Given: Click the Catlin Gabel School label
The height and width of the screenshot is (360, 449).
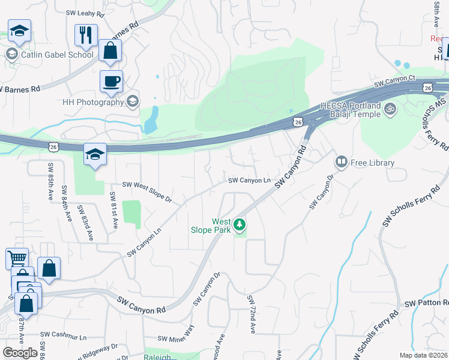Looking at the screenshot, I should (58, 55).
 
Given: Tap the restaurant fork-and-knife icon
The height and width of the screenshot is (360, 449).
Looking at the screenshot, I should (86, 35).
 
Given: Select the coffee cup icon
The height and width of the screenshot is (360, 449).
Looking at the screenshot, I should (111, 81).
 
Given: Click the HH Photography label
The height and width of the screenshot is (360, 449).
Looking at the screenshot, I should (93, 102).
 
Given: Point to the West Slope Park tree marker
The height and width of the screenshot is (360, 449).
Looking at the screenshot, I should (240, 225).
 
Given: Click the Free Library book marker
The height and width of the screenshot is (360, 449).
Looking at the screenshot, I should (342, 162).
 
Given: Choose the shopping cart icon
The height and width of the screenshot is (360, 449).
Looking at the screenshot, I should (17, 259).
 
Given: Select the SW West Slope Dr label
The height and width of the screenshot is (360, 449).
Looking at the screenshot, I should (147, 191).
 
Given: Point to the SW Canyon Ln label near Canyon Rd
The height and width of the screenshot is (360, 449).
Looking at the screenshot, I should (249, 180).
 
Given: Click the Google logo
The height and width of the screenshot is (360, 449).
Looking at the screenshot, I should (20, 353).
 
